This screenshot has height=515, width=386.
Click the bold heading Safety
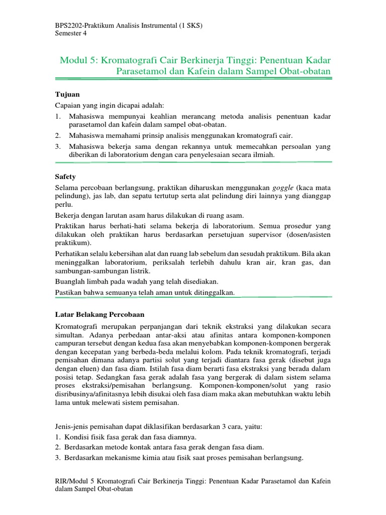tap(65, 177)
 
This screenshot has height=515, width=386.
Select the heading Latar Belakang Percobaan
tap(99, 314)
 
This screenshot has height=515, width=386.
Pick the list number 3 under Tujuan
tap(58, 146)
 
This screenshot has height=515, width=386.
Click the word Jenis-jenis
tap(73, 426)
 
